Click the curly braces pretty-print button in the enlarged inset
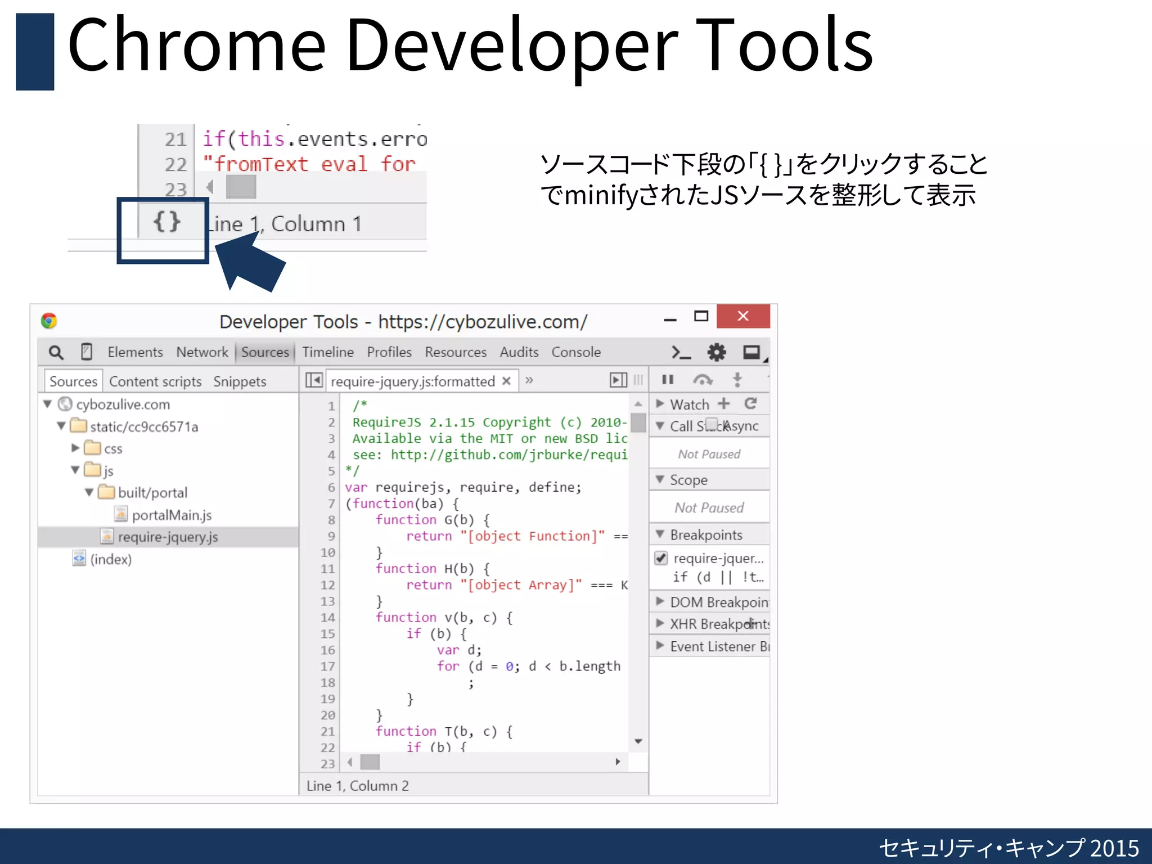(x=167, y=222)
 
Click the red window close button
(x=742, y=316)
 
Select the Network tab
(x=202, y=352)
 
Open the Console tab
(x=575, y=352)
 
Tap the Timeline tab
(x=328, y=352)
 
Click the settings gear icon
(x=716, y=353)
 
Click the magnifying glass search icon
(x=56, y=353)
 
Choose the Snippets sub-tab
(x=240, y=381)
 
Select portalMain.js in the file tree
(x=172, y=515)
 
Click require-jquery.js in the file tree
(x=168, y=537)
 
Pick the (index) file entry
(x=111, y=559)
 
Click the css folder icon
(x=92, y=448)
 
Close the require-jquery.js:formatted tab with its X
(x=506, y=381)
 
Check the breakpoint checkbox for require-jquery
(x=661, y=558)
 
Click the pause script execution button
(x=668, y=380)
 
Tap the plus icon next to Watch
(x=724, y=404)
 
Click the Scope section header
(x=688, y=480)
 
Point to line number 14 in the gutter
(x=328, y=618)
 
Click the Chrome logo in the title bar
(x=49, y=321)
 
